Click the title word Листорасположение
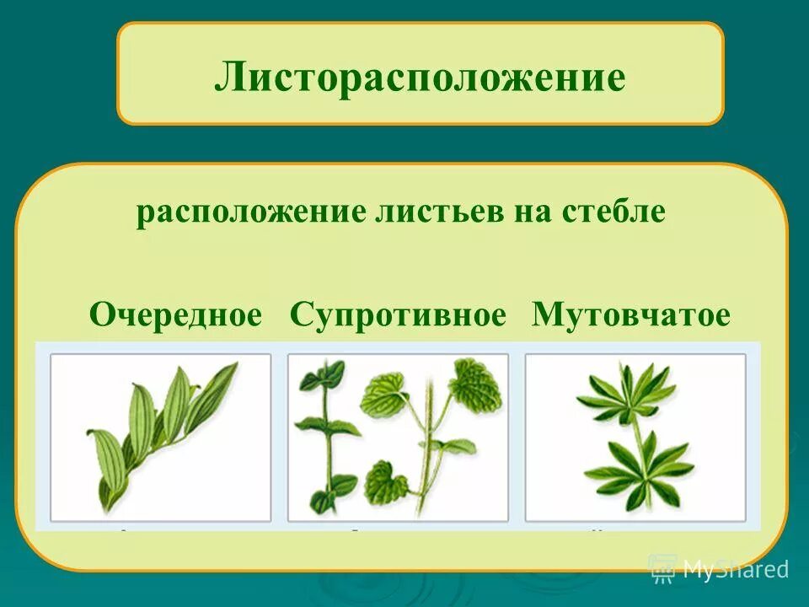pos(420,78)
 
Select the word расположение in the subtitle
pos(249,211)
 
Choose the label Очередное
pos(176,315)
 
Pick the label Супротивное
pos(398,315)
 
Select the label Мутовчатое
pos(631,315)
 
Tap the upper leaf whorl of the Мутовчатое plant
pos(627,393)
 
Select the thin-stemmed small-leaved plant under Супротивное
pos(328,434)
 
